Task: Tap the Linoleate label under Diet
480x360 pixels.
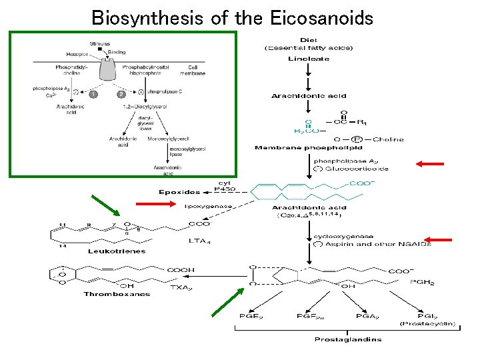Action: click(309, 59)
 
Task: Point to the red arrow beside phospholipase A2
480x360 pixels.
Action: click(430, 163)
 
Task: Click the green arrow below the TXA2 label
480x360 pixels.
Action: click(227, 301)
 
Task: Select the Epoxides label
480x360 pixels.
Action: click(179, 192)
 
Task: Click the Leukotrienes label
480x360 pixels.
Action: click(117, 251)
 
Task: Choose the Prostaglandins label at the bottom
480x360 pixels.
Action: click(347, 339)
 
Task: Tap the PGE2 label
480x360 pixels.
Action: click(250, 315)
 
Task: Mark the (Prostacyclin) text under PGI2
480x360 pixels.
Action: click(427, 324)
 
